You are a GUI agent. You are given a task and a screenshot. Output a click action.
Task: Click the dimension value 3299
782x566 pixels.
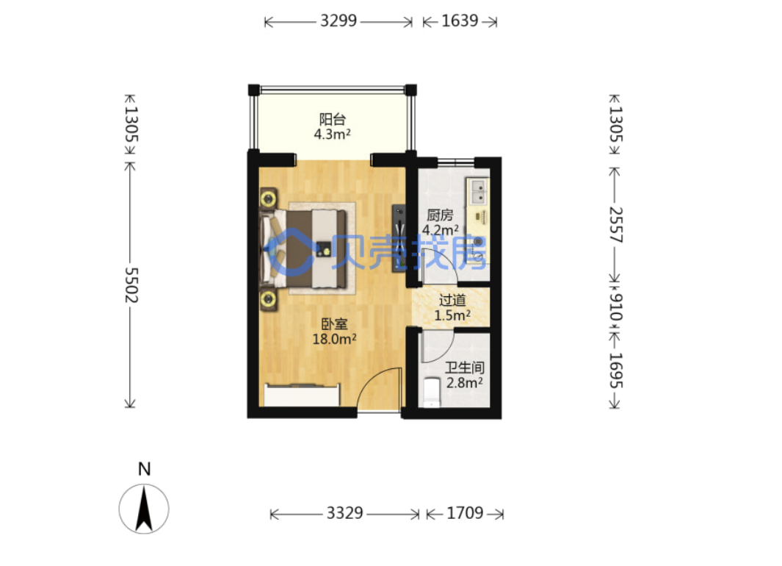[x=338, y=21]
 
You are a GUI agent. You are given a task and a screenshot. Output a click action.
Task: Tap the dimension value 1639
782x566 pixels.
[x=460, y=21]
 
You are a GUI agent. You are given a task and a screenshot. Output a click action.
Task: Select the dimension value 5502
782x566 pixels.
[x=131, y=285]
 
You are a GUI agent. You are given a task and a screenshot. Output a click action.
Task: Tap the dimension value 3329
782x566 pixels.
[x=344, y=513]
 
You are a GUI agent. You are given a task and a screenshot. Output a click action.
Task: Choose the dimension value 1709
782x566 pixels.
[x=465, y=513]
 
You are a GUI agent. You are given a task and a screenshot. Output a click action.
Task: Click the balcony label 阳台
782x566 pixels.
[x=332, y=119]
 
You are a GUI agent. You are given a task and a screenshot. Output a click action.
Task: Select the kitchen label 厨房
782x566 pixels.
[x=440, y=215]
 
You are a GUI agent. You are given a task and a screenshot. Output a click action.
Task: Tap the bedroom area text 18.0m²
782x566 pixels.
[x=334, y=340]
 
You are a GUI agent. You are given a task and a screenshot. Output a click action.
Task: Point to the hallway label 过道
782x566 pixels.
[x=452, y=301]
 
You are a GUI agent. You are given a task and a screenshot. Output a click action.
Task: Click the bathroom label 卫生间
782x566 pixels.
[x=465, y=368]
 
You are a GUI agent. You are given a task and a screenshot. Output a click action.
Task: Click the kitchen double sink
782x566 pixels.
[x=479, y=192]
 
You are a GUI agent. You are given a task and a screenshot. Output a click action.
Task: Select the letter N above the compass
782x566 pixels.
[x=144, y=469]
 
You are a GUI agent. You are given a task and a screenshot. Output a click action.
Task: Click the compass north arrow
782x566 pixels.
[x=144, y=509]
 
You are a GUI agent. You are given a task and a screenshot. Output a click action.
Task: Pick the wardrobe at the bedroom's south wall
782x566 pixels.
[x=303, y=395]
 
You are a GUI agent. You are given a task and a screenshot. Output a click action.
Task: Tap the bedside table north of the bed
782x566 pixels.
[x=268, y=199]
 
